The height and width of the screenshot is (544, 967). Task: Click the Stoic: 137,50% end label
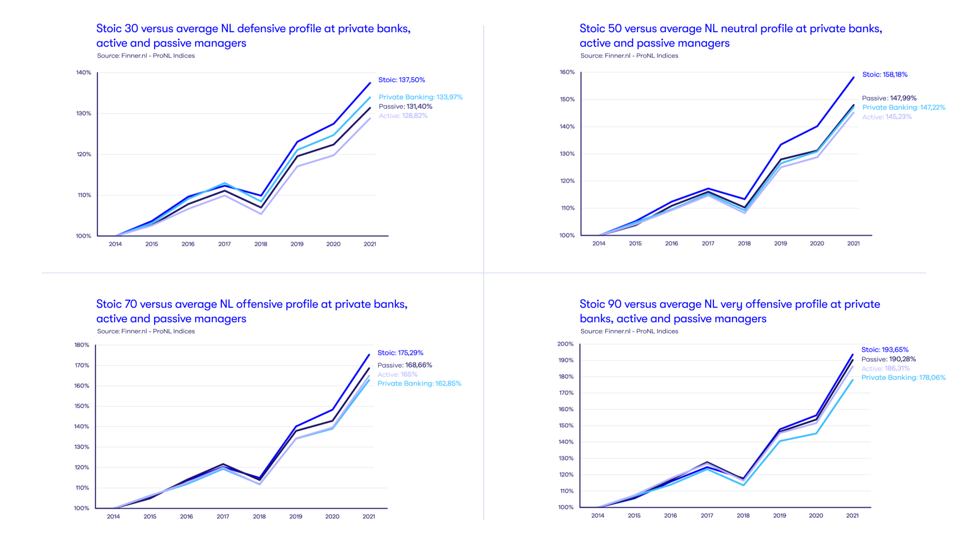[402, 80]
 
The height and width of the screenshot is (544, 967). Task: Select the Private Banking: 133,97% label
[420, 97]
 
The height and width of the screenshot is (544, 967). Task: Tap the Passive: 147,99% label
[889, 98]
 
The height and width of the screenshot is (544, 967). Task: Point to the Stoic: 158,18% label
[884, 74]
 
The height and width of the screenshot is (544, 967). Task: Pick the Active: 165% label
[397, 374]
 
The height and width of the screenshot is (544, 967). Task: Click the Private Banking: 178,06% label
[903, 378]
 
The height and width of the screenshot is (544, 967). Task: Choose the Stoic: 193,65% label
[884, 350]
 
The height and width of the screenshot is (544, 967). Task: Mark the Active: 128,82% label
[403, 116]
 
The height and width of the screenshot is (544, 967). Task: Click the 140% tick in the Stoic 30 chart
[83, 73]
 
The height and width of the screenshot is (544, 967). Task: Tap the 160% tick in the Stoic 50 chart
[567, 72]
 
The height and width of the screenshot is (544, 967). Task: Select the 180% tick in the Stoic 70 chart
[82, 345]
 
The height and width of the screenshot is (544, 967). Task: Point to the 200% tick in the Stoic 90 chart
[565, 344]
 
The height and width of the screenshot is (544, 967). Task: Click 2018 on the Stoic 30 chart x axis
[261, 244]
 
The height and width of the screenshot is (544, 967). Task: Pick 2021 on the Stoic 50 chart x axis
[853, 243]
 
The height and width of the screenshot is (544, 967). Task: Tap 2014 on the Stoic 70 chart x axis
[113, 516]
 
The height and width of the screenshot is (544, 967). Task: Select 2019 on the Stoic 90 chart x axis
[779, 515]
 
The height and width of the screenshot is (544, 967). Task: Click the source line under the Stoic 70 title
[146, 331]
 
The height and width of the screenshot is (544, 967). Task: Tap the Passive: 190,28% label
[888, 359]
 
